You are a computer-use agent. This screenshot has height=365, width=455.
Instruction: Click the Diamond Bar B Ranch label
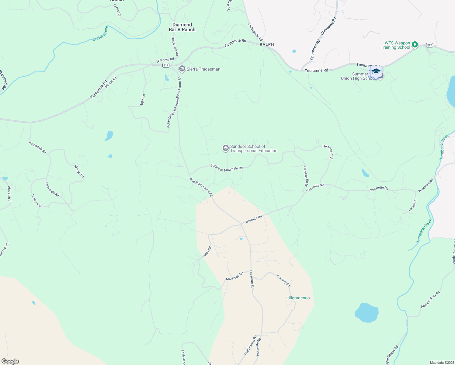point(182,27)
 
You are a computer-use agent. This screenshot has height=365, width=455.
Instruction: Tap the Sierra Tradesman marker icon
point(182,69)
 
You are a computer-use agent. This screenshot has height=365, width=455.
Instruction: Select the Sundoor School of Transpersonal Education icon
point(225,148)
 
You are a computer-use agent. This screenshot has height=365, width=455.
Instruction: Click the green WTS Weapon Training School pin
point(415,45)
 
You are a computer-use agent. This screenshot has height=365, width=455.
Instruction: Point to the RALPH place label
point(267,44)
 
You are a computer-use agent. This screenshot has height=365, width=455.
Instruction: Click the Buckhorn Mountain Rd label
point(227,168)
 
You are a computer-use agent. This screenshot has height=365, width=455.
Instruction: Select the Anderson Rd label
point(234,276)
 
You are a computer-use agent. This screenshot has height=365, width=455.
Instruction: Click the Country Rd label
point(283,280)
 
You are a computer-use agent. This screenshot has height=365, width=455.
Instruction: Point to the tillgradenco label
point(298,298)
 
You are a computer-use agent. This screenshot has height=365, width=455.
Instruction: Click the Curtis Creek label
point(101,33)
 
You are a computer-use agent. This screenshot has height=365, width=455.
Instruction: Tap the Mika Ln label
point(142,100)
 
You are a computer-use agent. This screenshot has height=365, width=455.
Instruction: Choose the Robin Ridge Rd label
point(172,117)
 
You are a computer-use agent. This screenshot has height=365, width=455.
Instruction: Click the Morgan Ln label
point(79,171)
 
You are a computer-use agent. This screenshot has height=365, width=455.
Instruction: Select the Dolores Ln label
point(37,201)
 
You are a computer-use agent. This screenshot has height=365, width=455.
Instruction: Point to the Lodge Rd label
point(412,205)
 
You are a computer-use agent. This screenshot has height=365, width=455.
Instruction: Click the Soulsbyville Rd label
point(255,32)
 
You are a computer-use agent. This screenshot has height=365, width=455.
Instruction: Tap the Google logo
point(10,361)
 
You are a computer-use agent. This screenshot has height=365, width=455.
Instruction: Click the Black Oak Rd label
point(175,46)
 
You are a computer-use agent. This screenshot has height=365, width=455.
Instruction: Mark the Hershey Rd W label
point(306,176)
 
